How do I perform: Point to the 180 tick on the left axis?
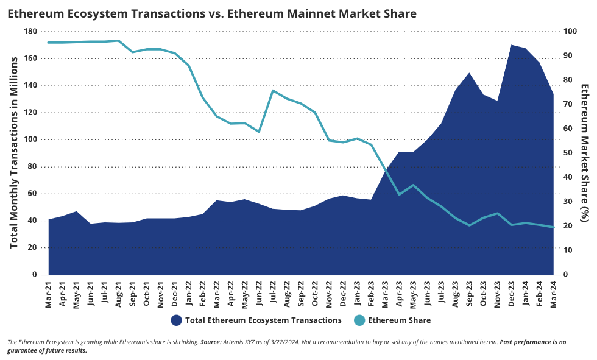30,31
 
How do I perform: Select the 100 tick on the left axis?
30,139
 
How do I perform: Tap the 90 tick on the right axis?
567,55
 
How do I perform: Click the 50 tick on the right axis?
567,153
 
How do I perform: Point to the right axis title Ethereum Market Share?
584,152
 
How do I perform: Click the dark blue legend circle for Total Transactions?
177,320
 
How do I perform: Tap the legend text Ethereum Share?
400,320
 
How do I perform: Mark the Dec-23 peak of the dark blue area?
512,45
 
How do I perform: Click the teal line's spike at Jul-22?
273,91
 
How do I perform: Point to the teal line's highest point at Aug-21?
119,41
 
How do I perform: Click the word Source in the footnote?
212,343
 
